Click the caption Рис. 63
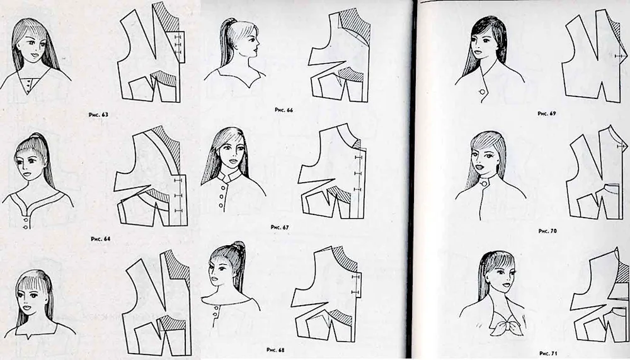[98, 115]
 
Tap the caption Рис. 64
[100, 239]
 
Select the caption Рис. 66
[283, 110]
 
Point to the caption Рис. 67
[280, 227]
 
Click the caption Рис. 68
[276, 350]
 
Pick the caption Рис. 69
[547, 114]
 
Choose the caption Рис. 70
[547, 231]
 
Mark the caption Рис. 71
[549, 353]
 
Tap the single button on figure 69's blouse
[483, 92]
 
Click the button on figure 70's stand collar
[485, 183]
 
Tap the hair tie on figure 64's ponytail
[36, 136]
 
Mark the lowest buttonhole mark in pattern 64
[178, 211]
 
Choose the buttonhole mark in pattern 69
[619, 56]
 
